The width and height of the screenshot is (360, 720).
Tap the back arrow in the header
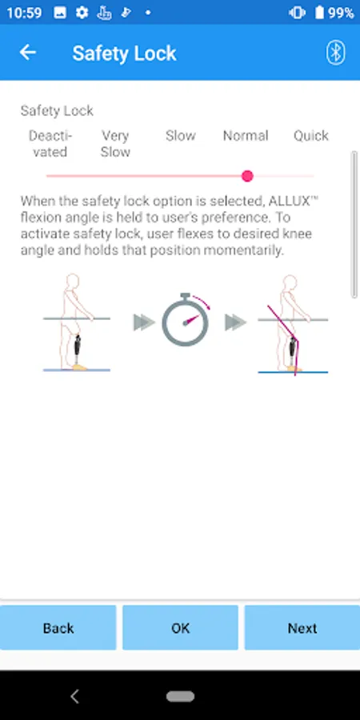point(27,53)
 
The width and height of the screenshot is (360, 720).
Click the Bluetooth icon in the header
point(336,53)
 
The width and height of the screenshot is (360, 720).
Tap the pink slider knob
point(247,176)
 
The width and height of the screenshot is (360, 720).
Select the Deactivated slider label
point(50,144)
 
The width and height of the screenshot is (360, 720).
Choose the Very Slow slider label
point(115,144)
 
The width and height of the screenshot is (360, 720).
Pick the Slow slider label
point(181,136)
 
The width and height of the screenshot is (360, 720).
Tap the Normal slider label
point(246,136)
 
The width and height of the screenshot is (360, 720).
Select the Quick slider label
point(311,136)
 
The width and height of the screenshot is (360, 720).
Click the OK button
point(180,628)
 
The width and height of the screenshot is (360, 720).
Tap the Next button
point(302,628)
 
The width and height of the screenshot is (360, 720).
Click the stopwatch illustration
point(185,319)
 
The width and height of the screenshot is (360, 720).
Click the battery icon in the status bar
point(319,12)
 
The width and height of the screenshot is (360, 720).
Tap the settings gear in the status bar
point(82,12)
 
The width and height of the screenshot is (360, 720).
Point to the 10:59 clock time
point(24,13)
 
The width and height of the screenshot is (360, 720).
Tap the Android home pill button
point(180,697)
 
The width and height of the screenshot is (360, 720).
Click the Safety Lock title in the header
point(125,54)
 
